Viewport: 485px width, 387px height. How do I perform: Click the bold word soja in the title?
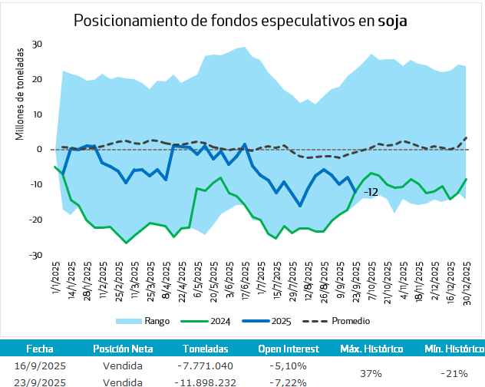tap(392, 21)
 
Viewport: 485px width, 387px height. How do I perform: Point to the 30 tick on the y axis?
tap(36, 45)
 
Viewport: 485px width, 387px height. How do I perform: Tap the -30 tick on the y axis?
tap(35, 255)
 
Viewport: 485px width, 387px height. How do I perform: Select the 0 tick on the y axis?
tap(39, 150)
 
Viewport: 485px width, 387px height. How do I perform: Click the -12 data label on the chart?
tap(371, 192)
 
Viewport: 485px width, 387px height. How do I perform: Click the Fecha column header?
tap(40, 349)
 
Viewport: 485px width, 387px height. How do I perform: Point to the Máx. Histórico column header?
tap(371, 349)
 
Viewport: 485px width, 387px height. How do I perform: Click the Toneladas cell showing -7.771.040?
tap(203, 366)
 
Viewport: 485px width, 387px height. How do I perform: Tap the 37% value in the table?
tap(371, 373)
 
